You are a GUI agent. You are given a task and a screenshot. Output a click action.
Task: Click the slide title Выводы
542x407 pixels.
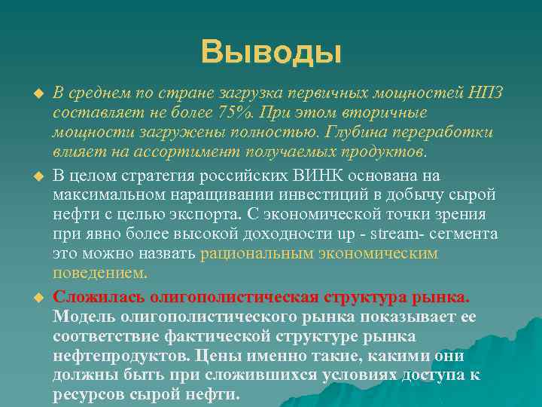pos(271,52)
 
